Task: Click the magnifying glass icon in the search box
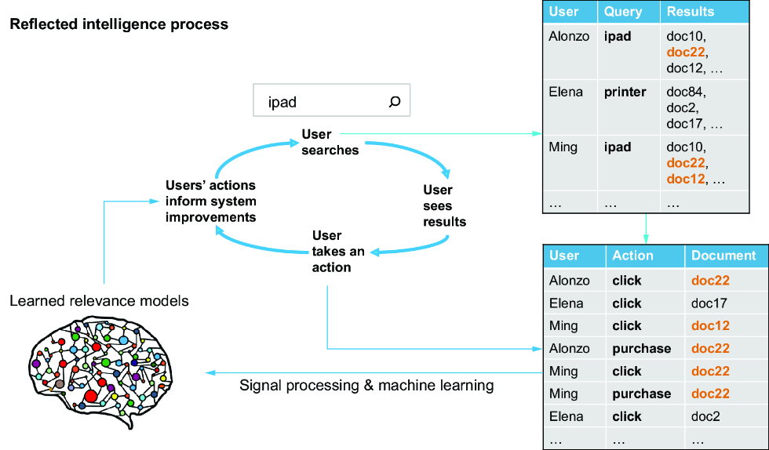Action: [x=394, y=101]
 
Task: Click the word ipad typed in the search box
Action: [x=282, y=103]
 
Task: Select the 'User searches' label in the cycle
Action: [x=330, y=142]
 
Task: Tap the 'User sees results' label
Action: [x=444, y=206]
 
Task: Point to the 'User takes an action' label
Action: [x=338, y=252]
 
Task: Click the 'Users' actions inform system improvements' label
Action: [x=211, y=201]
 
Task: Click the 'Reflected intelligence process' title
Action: [x=119, y=24]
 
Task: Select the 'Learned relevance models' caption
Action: [x=99, y=300]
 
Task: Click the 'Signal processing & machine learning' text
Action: [x=366, y=385]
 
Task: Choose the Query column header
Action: [x=623, y=12]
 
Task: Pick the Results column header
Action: [x=691, y=12]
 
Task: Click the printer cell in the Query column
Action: [x=625, y=93]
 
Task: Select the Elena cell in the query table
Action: [x=566, y=93]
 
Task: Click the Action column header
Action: [x=632, y=256]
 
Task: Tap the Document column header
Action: [x=723, y=256]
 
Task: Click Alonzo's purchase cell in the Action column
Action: [x=642, y=349]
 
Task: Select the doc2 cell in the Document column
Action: [x=705, y=416]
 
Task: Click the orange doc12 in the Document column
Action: [x=710, y=326]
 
